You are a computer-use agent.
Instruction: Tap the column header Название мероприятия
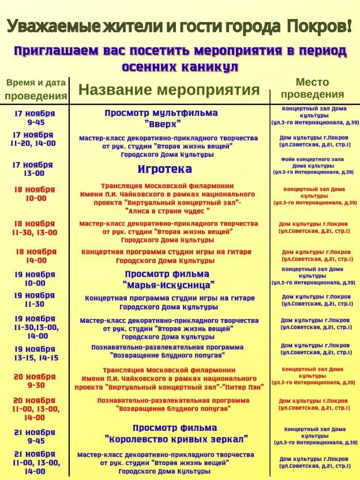tap(169, 90)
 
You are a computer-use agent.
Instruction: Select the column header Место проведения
tap(312, 88)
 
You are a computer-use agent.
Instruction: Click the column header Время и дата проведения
tap(36, 89)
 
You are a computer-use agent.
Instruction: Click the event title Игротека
tap(164, 169)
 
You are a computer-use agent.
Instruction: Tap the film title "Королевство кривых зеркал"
tap(176, 439)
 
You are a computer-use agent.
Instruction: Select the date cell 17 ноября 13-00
tap(33, 169)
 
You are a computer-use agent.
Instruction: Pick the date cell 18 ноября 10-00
tap(34, 194)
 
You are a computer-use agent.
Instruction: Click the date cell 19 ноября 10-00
tap(34, 279)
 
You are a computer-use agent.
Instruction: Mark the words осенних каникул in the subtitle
tap(180, 67)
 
